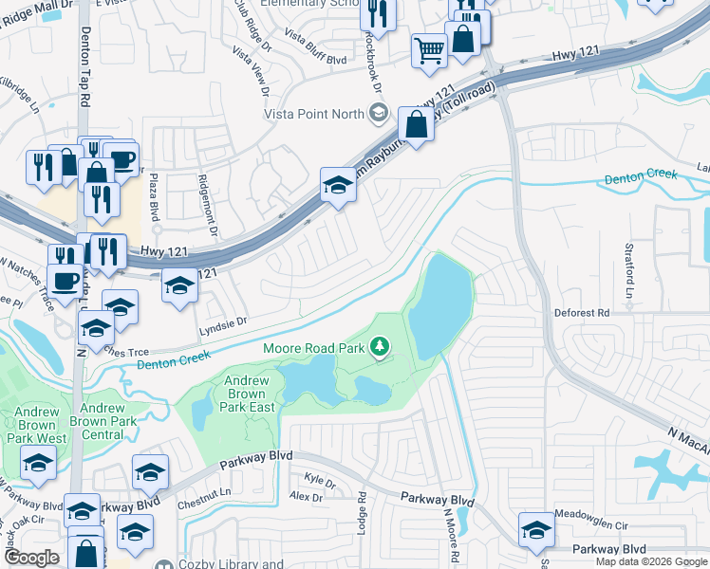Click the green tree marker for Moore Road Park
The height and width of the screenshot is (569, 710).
pyautogui.click(x=381, y=348)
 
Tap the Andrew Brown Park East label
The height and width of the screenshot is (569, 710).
pyautogui.click(x=249, y=394)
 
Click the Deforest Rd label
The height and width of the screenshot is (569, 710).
pyautogui.click(x=582, y=312)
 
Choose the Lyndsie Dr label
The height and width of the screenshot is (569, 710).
pyautogui.click(x=222, y=322)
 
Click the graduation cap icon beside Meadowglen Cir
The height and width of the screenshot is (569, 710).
pyautogui.click(x=535, y=530)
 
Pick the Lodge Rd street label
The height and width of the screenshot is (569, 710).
pyautogui.click(x=362, y=511)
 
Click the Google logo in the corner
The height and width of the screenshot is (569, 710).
pyautogui.click(x=31, y=558)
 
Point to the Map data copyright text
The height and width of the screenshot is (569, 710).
pyautogui.click(x=651, y=561)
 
